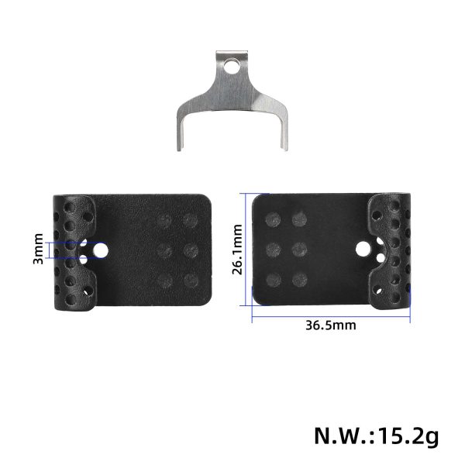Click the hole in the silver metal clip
point(228,67)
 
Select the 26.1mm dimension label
point(239,250)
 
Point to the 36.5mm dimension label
point(331,325)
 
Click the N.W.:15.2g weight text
point(375,434)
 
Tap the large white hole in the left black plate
point(102,250)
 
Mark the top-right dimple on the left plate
point(190,221)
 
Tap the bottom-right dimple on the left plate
point(190,279)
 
